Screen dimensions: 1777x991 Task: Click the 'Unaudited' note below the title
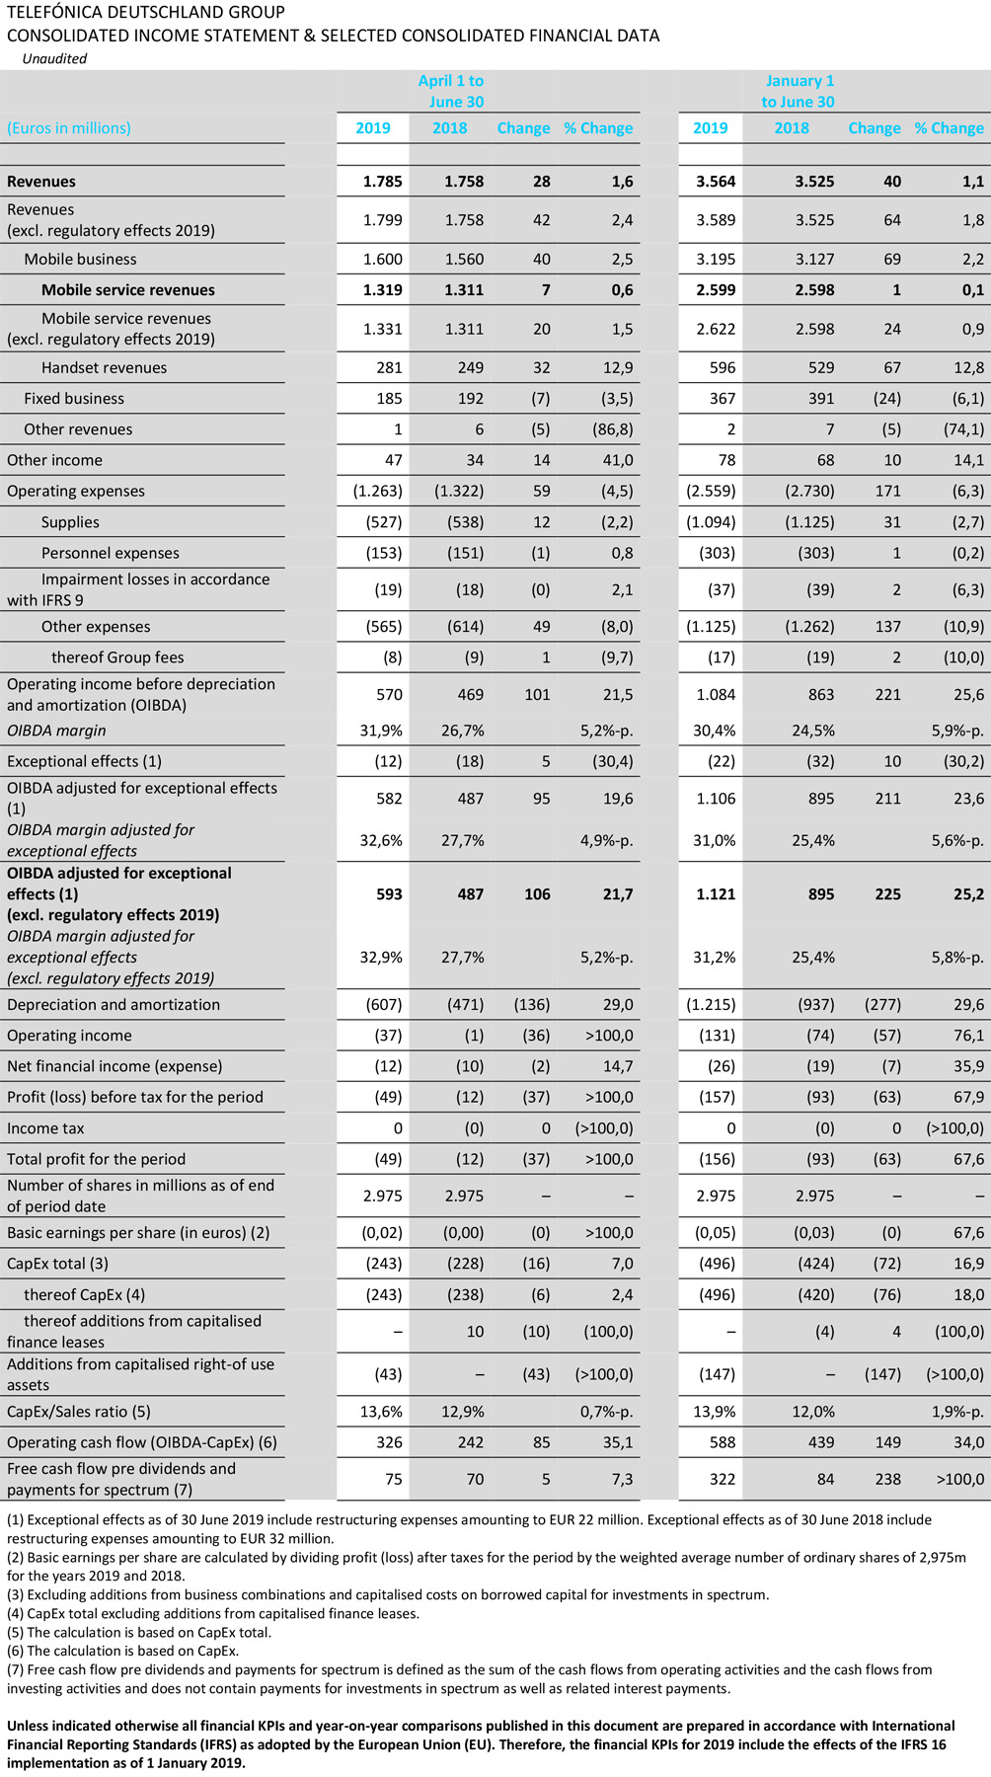pyautogui.click(x=54, y=58)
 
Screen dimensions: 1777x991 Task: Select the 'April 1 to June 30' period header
pyautogui.click(x=450, y=91)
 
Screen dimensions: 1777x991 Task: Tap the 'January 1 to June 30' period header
pyautogui.click(x=798, y=91)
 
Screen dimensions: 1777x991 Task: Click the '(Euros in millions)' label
pyautogui.click(x=69, y=127)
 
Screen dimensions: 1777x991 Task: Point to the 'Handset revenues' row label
pyautogui.click(x=104, y=367)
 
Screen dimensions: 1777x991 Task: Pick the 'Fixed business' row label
pyautogui.click(x=74, y=398)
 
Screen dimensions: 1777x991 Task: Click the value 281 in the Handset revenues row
pyautogui.click(x=389, y=367)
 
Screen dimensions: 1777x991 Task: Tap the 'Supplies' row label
pyautogui.click(x=70, y=521)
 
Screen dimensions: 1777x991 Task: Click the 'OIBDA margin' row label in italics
pyautogui.click(x=56, y=731)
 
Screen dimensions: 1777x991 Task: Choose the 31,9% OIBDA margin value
pyautogui.click(x=382, y=731)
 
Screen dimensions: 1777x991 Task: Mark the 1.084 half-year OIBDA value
pyautogui.click(x=716, y=694)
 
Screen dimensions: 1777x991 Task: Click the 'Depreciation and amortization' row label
pyautogui.click(x=114, y=1004)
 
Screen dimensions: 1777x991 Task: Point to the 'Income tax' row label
pyautogui.click(x=45, y=1127)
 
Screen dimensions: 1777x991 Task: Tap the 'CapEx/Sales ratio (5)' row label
pyautogui.click(x=79, y=1411)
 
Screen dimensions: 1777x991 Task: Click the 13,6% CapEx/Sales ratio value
pyautogui.click(x=381, y=1411)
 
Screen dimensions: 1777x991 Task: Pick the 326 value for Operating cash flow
pyautogui.click(x=389, y=1441)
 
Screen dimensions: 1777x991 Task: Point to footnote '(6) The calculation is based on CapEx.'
pyautogui.click(x=122, y=1650)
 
